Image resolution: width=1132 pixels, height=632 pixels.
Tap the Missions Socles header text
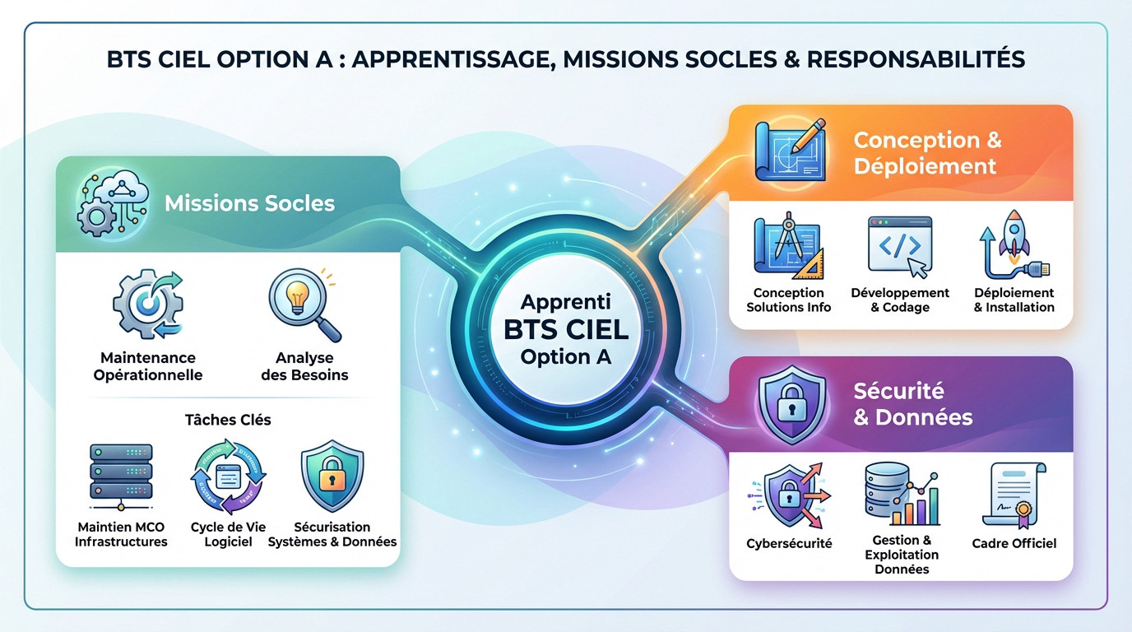click(249, 203)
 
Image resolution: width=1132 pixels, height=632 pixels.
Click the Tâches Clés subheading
click(228, 420)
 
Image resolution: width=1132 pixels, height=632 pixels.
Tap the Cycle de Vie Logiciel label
click(228, 534)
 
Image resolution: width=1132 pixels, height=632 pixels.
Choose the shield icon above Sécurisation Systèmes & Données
click(332, 478)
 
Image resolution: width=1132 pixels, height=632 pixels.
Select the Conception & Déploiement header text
click(927, 152)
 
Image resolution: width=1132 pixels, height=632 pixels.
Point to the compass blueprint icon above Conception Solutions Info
click(789, 245)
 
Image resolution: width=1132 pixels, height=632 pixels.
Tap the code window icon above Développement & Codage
click(901, 246)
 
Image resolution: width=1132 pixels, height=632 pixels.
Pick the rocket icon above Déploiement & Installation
click(1014, 244)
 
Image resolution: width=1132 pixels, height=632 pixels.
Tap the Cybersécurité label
click(789, 543)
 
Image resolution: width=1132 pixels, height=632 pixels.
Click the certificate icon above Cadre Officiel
click(1014, 495)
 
